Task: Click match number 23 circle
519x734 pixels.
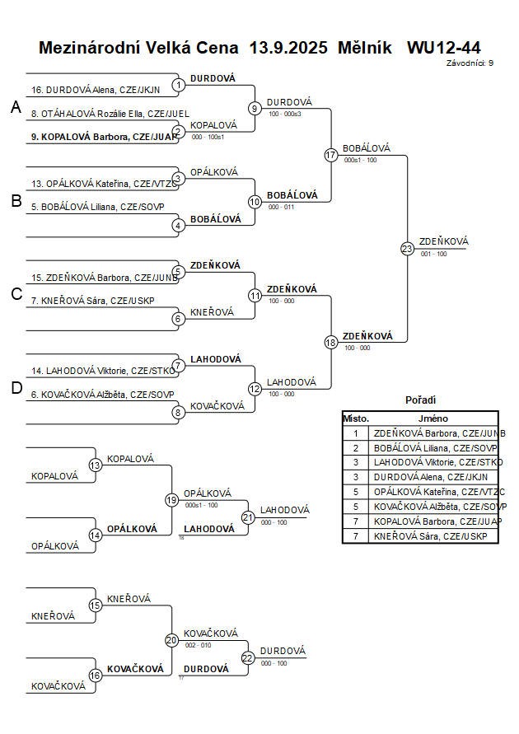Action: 407,249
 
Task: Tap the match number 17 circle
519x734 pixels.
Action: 331,155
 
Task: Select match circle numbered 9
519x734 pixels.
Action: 255,108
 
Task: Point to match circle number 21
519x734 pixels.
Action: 248,517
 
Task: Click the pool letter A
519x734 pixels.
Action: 16,107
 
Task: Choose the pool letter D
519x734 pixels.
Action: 16,389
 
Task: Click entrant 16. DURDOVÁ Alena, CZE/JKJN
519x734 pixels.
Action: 96,90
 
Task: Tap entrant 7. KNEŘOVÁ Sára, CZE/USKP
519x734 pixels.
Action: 92,301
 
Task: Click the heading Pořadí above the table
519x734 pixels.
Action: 420,400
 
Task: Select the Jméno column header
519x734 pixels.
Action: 432,418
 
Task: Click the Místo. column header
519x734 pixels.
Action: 356,418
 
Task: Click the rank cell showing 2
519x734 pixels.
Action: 356,447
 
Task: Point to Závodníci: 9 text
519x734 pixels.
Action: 470,63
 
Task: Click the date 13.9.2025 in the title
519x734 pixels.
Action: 288,48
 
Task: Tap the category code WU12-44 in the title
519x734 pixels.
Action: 443,48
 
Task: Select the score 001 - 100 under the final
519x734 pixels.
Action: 434,255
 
